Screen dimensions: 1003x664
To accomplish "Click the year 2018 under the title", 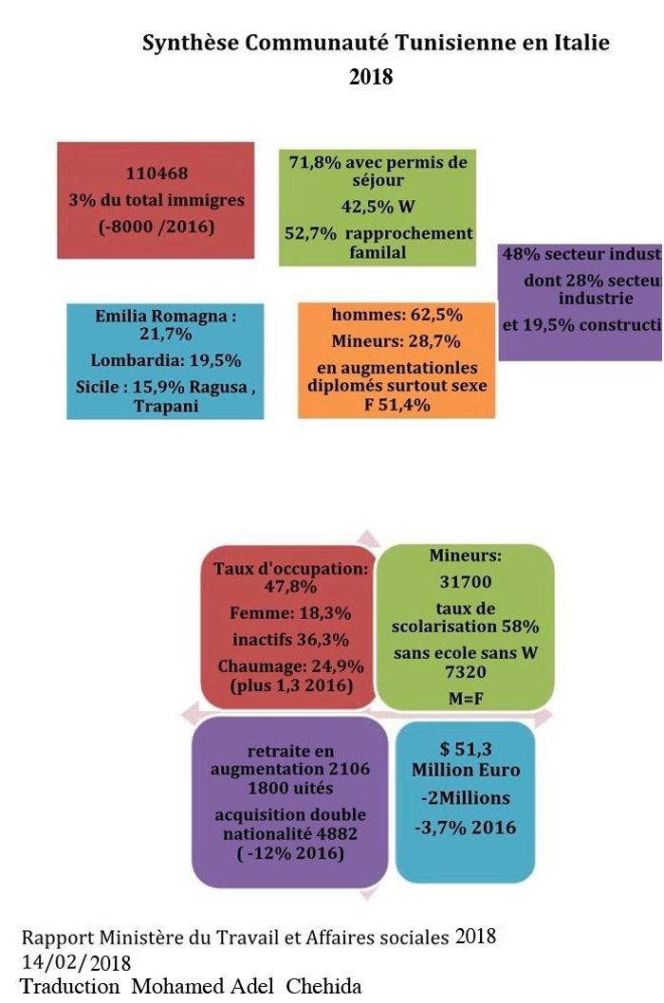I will [371, 77].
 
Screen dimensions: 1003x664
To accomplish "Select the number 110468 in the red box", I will [157, 173].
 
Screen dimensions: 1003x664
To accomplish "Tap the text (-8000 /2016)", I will [157, 227].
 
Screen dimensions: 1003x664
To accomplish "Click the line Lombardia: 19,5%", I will [165, 360].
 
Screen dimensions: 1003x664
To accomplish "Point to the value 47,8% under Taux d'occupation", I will [288, 587].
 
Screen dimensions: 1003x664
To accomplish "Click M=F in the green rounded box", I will [465, 697].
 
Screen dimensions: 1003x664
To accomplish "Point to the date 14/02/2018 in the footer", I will [76, 962].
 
